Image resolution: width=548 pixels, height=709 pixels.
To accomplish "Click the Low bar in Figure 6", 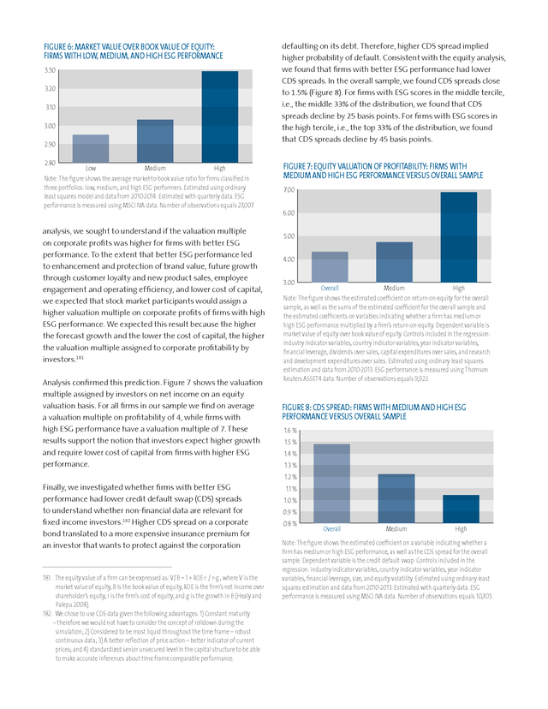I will tap(85, 148).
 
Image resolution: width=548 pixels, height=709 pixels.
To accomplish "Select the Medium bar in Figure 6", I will tap(155, 140).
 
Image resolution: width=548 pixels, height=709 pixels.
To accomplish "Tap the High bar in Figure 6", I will tap(220, 116).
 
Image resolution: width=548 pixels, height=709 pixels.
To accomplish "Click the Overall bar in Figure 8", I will tap(331, 483).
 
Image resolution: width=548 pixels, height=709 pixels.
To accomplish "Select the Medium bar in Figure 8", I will tap(396, 498).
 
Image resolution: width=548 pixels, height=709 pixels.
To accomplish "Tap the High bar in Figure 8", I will tap(461, 509).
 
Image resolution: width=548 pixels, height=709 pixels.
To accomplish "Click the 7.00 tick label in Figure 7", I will tap(289, 189).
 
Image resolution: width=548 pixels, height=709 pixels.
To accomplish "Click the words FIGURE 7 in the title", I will tap(301, 165).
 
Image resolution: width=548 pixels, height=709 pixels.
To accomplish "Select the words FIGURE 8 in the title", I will tap(301, 406).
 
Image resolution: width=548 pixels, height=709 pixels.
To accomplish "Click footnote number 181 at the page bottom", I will tap(47, 580).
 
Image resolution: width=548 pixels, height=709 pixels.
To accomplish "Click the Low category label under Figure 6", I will tap(90, 168).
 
